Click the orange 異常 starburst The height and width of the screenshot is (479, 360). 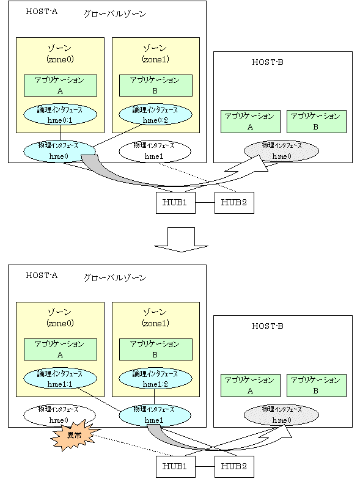pyautogui.click(x=72, y=435)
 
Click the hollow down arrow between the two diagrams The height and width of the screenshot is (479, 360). pyautogui.click(x=181, y=240)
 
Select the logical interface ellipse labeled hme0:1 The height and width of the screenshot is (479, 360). pyautogui.click(x=60, y=114)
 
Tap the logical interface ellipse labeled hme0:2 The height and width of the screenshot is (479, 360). pyautogui.click(x=155, y=114)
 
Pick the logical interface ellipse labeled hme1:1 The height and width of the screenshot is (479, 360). pyautogui.click(x=60, y=378)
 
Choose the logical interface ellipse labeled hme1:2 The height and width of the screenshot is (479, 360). pyautogui.click(x=155, y=378)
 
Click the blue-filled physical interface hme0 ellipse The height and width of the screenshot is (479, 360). pyautogui.click(x=59, y=151)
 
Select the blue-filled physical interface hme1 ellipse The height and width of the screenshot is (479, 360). pyautogui.click(x=155, y=415)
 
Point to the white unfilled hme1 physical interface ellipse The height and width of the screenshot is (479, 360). pyautogui.click(x=155, y=151)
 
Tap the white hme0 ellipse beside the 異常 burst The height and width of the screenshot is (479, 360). pyautogui.click(x=59, y=414)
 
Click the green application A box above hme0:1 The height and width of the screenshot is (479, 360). pyautogui.click(x=61, y=86)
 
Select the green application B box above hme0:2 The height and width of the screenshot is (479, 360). pyautogui.click(x=156, y=86)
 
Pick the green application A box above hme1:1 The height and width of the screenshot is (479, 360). pyautogui.click(x=61, y=349)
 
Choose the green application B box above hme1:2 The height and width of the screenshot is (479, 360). pyautogui.click(x=156, y=349)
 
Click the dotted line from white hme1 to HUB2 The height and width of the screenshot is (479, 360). pyautogui.click(x=197, y=178)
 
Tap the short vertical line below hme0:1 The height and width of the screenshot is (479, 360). pyautogui.click(x=60, y=133)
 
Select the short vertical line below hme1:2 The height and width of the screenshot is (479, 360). pyautogui.click(x=154, y=397)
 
